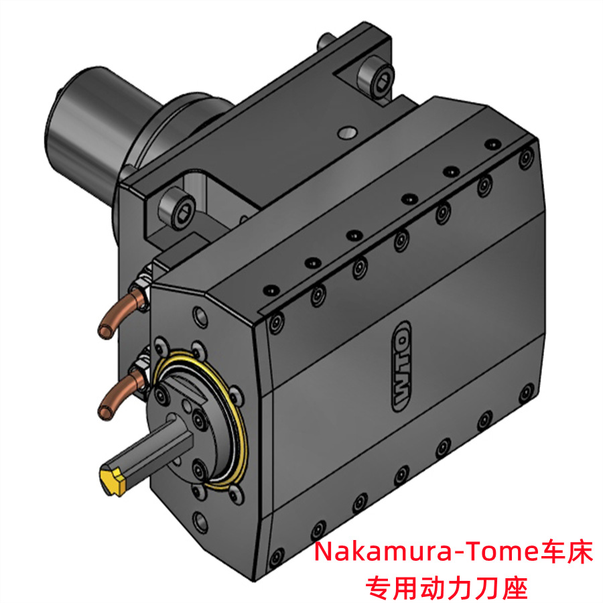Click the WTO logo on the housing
pyautogui.click(x=401, y=366)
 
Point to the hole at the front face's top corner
pyautogui.click(x=200, y=314)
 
